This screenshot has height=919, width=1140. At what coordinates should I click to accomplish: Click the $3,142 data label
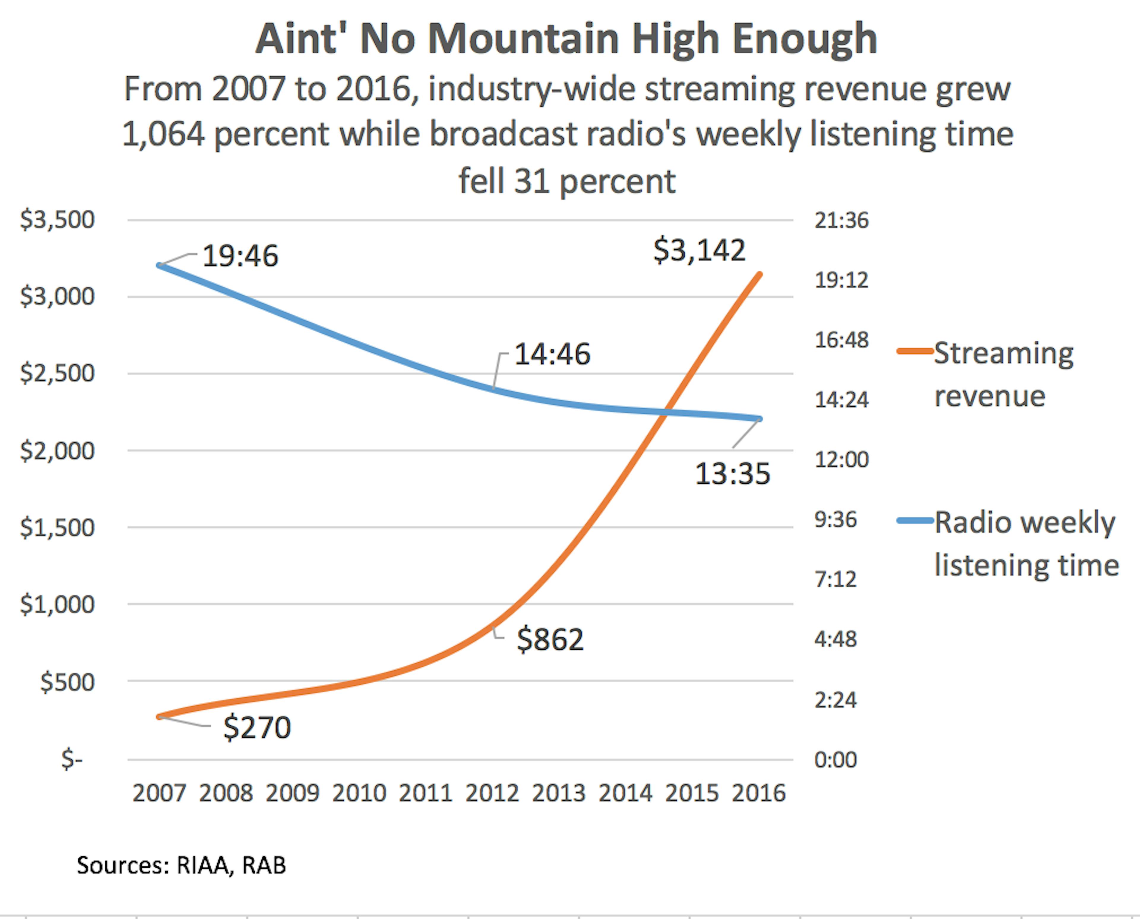(699, 250)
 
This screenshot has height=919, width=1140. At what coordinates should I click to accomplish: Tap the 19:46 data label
(240, 256)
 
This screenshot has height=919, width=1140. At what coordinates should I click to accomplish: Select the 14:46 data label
(552, 354)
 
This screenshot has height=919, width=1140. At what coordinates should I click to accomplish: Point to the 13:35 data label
(732, 474)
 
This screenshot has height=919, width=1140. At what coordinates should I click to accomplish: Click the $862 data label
(550, 640)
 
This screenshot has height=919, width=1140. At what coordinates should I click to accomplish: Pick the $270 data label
(257, 727)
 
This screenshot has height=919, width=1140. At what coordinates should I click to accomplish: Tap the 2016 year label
(759, 793)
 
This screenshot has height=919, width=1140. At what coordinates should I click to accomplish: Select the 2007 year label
(159, 793)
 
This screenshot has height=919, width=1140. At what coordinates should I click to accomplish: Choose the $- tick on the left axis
(72, 760)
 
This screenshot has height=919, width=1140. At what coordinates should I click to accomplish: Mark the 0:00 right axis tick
(835, 760)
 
